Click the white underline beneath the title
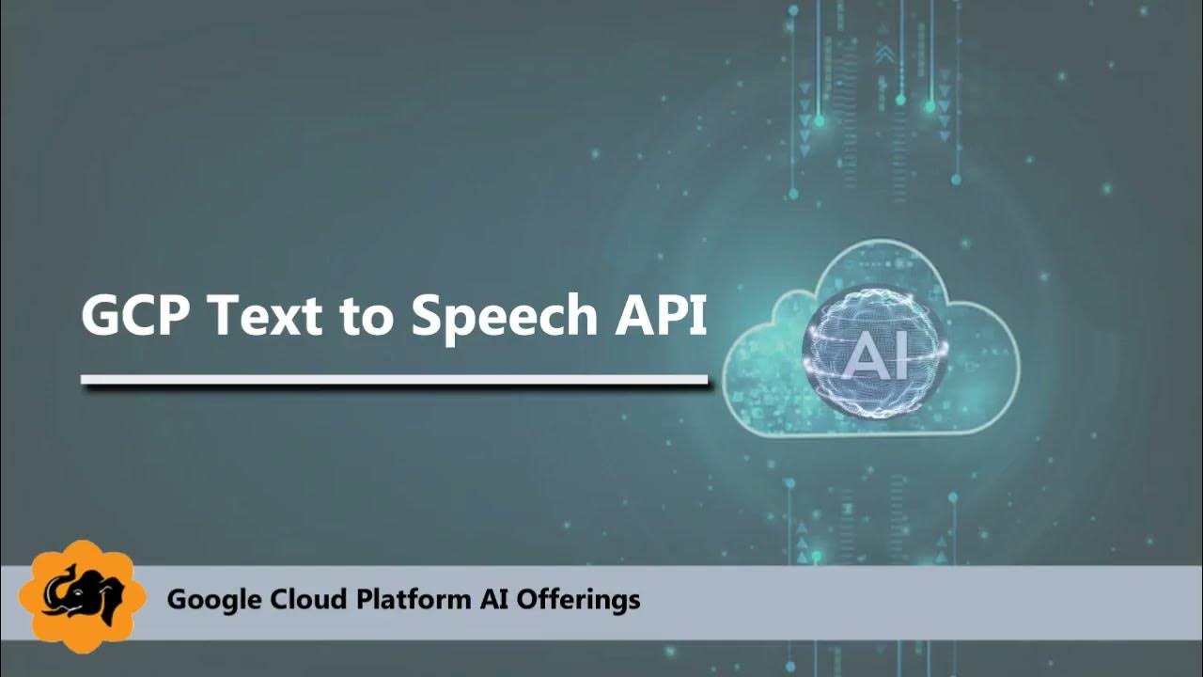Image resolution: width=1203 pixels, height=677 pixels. coord(394,380)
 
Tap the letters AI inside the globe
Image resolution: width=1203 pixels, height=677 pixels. coord(876,355)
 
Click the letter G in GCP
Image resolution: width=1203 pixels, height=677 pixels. coord(102,316)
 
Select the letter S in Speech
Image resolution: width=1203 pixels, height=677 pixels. coord(428,316)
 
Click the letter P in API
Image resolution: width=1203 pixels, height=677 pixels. coord(673,316)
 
